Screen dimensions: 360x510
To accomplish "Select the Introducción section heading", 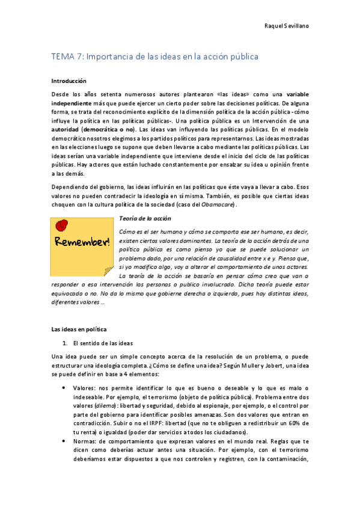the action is [x=69, y=81].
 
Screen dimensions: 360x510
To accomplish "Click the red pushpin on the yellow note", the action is [x=61, y=224].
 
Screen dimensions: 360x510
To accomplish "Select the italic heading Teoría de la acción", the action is [x=145, y=218].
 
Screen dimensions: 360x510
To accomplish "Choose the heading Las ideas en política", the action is [x=79, y=330].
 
